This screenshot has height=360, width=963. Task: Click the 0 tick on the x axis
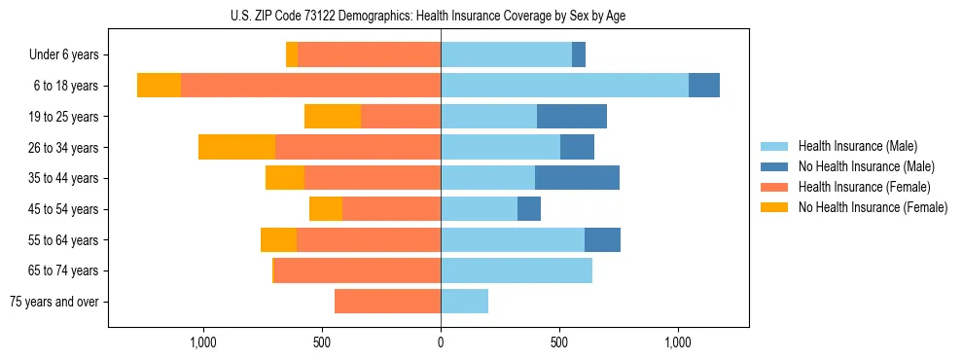tap(441, 342)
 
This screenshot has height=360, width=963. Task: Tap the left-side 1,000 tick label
tap(203, 342)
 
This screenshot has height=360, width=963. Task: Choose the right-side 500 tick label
tap(559, 342)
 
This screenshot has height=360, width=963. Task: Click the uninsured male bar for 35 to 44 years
tap(577, 178)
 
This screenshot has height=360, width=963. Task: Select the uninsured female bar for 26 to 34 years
tap(236, 147)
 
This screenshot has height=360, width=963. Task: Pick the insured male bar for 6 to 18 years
tap(564, 86)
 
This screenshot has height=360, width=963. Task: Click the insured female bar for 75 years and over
tap(387, 302)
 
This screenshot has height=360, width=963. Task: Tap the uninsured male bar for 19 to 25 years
tap(572, 117)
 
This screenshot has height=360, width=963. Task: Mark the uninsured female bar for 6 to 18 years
tap(159, 86)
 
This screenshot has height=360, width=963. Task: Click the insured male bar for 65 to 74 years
tap(517, 270)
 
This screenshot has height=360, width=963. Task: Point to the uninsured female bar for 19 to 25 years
tap(333, 117)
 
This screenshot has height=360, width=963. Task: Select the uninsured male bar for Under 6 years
tap(579, 55)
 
